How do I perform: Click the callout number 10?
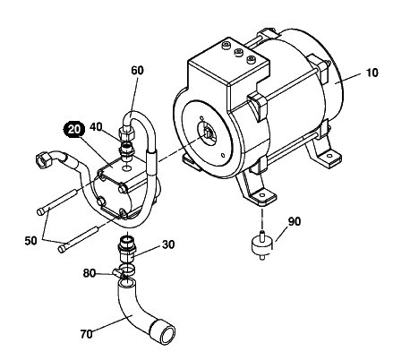click(x=372, y=73)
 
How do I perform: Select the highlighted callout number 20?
click(x=73, y=130)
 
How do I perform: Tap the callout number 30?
click(x=168, y=244)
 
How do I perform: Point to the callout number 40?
click(x=96, y=127)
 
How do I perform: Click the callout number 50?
click(x=30, y=241)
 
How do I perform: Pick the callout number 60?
click(x=137, y=70)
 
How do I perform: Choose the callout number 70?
click(x=86, y=334)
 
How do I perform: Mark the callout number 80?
click(x=89, y=273)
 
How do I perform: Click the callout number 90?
click(x=295, y=221)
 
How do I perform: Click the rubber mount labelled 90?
click(x=262, y=244)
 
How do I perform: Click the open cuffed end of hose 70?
click(x=164, y=331)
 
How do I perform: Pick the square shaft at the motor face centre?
click(x=208, y=133)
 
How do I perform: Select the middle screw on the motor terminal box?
click(x=238, y=53)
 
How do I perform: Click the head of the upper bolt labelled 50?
click(x=41, y=212)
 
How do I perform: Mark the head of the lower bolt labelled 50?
click(x=63, y=249)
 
